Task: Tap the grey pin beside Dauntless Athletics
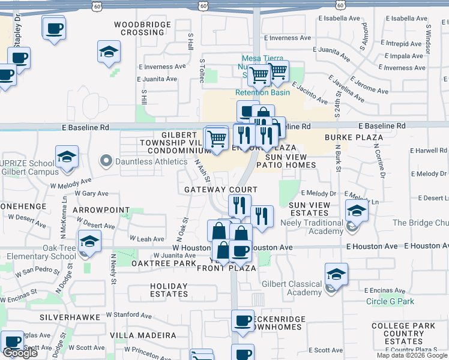coord(106,161)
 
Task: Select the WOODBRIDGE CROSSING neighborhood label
coord(142,28)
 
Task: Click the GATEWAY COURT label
coord(220,190)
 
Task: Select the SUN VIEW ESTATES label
coord(309,209)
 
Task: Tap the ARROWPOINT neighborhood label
coord(101,210)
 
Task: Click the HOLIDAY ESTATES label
coord(169,290)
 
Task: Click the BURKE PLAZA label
coord(354,137)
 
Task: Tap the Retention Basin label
coord(262,92)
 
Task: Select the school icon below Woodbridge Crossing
coord(109,52)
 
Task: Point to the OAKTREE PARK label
coord(164,263)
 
